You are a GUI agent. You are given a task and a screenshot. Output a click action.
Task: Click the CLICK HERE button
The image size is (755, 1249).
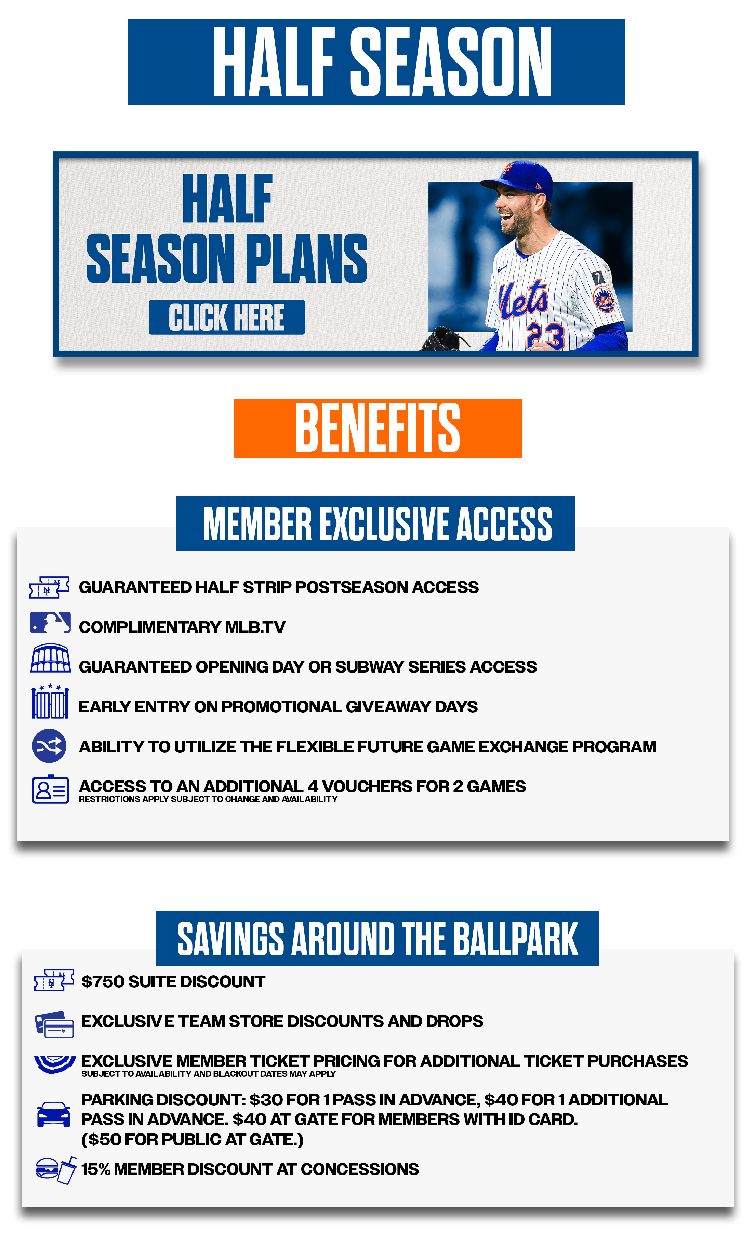pyautogui.click(x=227, y=317)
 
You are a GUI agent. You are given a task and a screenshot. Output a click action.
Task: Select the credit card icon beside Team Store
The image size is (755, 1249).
pyautogui.click(x=54, y=1024)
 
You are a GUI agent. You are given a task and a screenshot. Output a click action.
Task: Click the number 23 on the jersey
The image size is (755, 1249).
pyautogui.click(x=545, y=336)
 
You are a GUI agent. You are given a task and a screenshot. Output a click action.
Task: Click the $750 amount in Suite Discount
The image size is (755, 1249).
pyautogui.click(x=103, y=982)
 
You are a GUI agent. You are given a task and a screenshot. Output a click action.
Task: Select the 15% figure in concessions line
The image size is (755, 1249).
pyautogui.click(x=96, y=1169)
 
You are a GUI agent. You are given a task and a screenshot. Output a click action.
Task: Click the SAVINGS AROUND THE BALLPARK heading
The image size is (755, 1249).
pyautogui.click(x=377, y=938)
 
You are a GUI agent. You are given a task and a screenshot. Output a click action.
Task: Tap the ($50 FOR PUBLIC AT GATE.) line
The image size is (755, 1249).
pyautogui.click(x=192, y=1140)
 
